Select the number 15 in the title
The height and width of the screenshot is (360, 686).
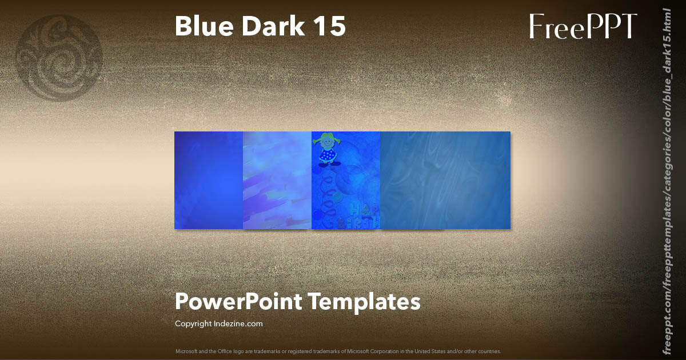[x=329, y=26]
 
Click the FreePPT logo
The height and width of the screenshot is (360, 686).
[x=583, y=26]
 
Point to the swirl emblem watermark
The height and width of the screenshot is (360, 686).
[x=59, y=58]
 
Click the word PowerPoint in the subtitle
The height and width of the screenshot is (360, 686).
[x=238, y=301]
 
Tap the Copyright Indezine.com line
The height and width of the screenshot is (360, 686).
[x=218, y=323]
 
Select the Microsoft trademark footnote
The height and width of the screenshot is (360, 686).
[x=338, y=351]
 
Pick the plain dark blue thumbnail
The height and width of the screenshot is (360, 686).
[x=209, y=180]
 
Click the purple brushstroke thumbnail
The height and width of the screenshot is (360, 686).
[x=277, y=180]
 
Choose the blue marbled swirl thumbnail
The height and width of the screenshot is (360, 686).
[x=445, y=180]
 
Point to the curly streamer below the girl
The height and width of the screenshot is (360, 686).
[x=329, y=191]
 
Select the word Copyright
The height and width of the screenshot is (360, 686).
[x=193, y=323]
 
